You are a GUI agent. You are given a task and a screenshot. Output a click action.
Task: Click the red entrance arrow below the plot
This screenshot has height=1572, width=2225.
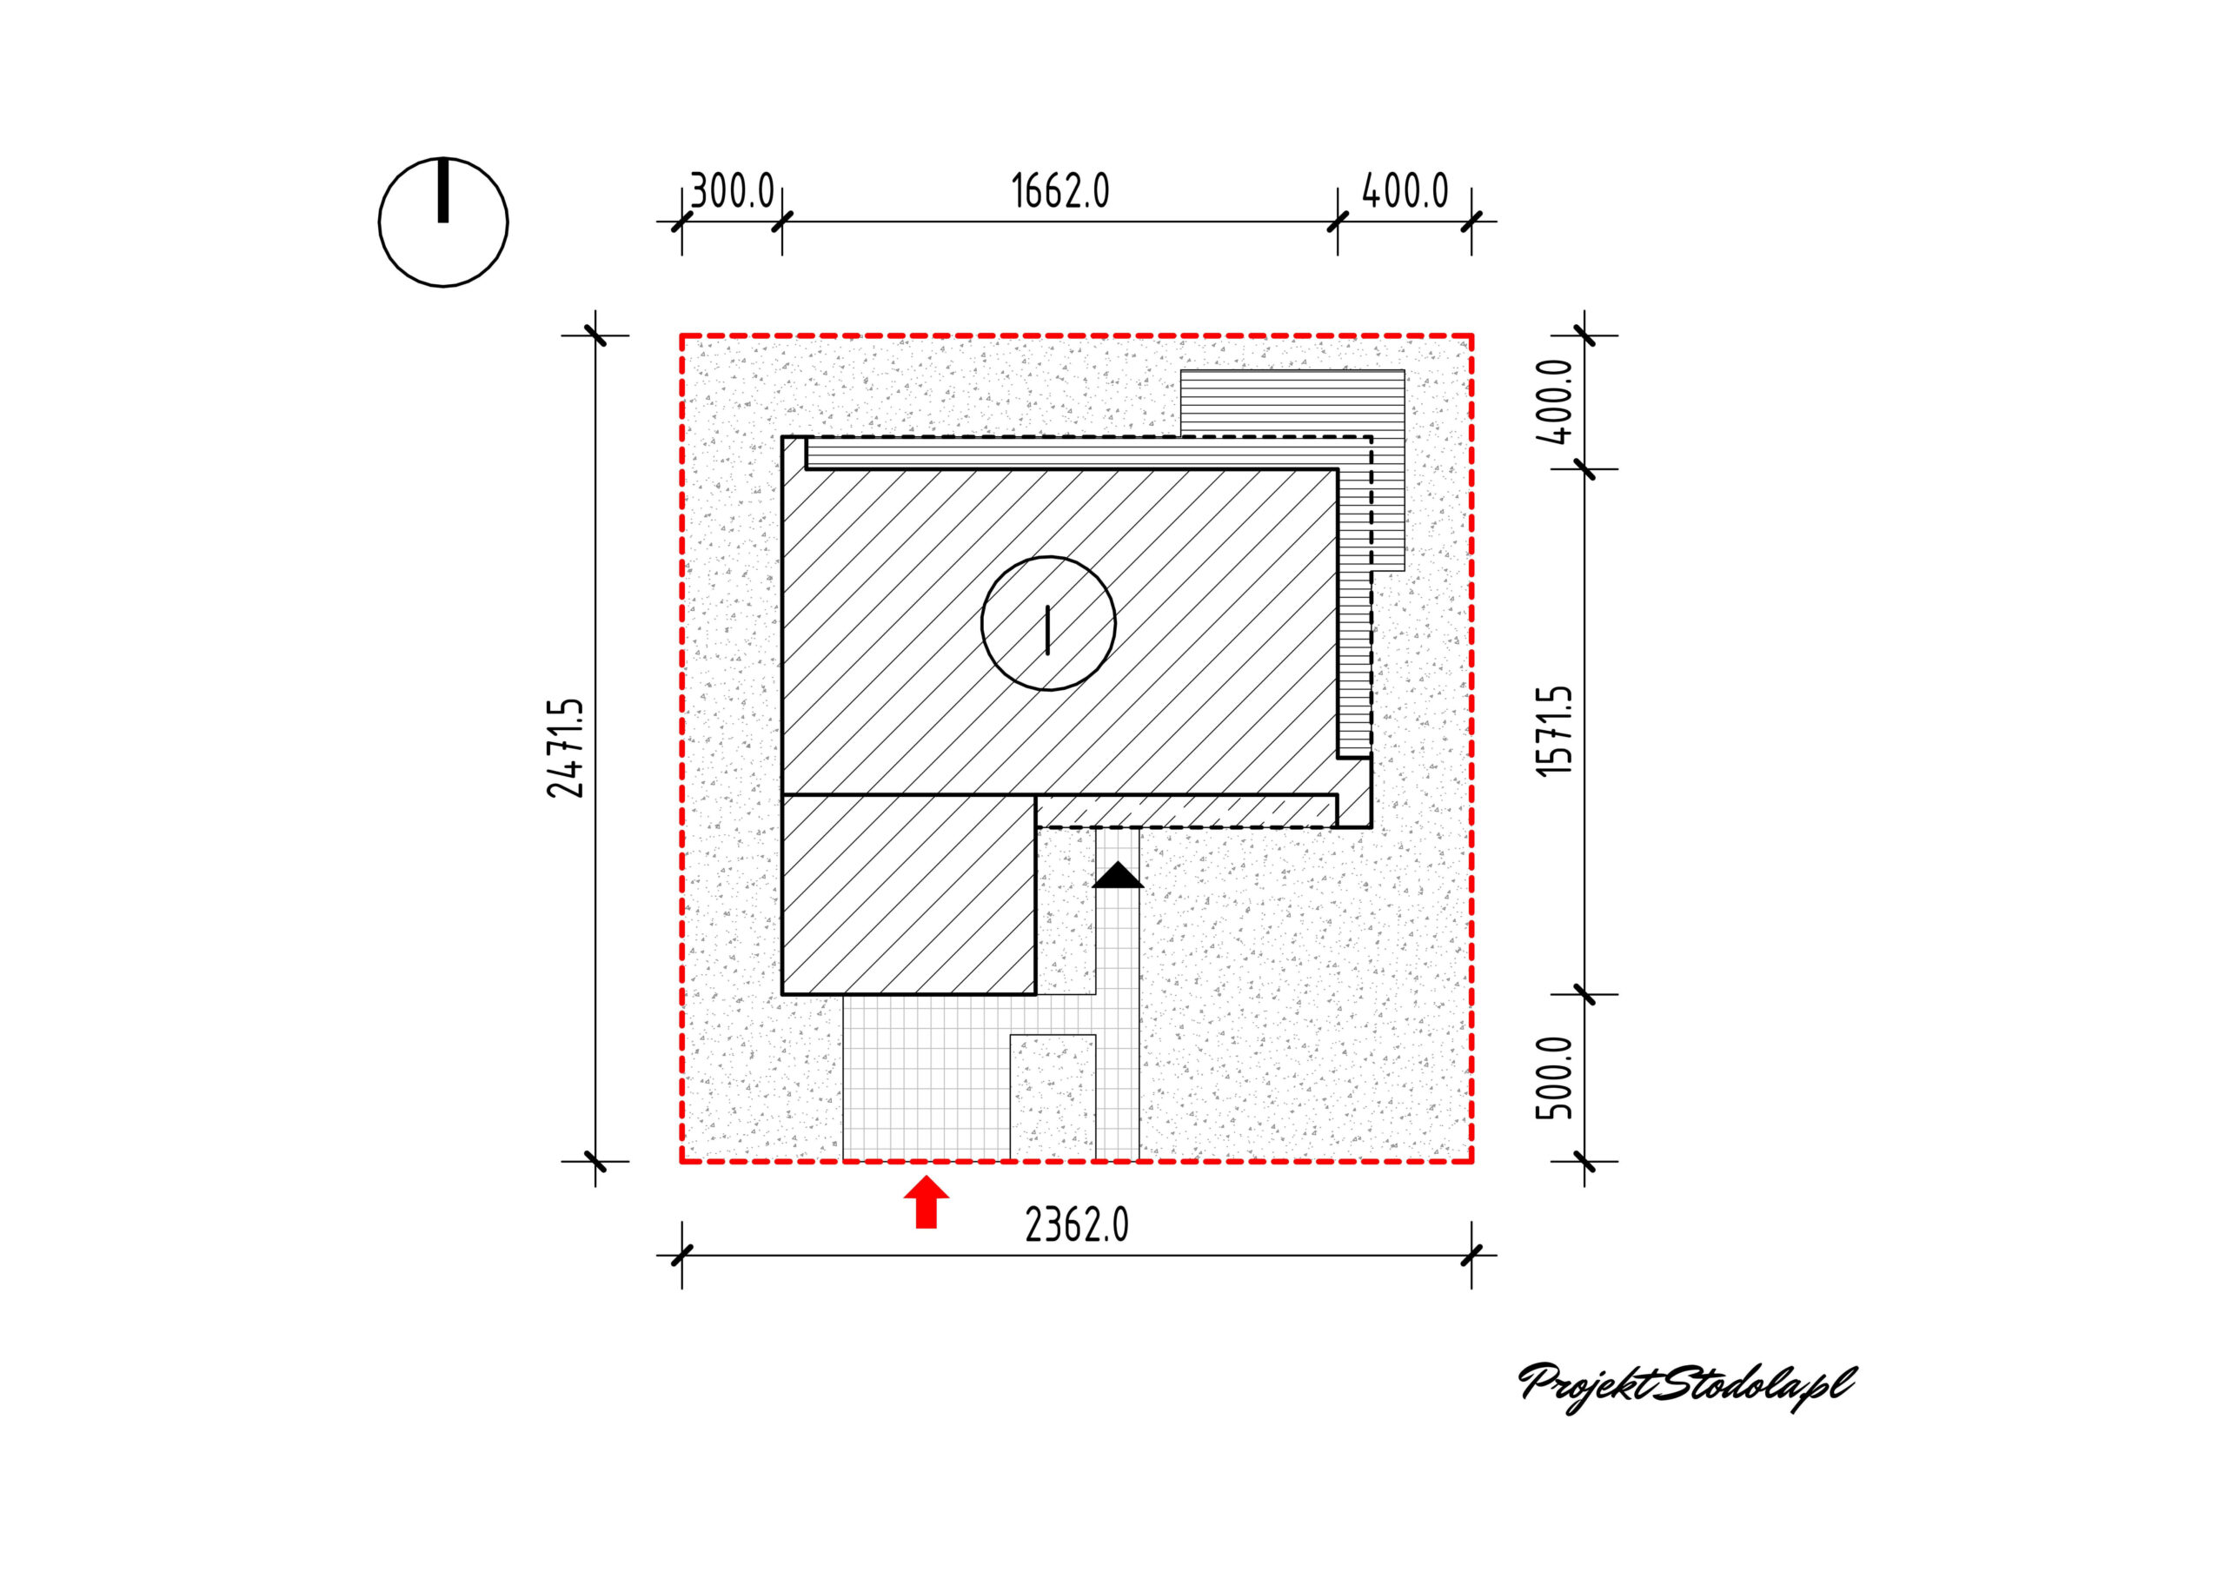pos(927,1202)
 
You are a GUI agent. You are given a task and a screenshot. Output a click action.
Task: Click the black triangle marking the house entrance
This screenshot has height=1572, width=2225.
pos(1119,874)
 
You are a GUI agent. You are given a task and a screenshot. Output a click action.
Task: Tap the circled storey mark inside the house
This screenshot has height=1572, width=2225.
pos(1048,623)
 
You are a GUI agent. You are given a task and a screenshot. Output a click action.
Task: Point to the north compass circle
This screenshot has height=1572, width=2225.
pos(380,222)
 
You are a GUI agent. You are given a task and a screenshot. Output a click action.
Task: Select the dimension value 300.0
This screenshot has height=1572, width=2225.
pos(732,191)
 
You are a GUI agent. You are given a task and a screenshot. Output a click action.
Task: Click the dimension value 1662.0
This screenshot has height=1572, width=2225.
pos(1060,191)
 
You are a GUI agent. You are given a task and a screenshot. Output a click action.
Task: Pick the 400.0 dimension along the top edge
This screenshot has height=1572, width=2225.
pos(1405,191)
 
